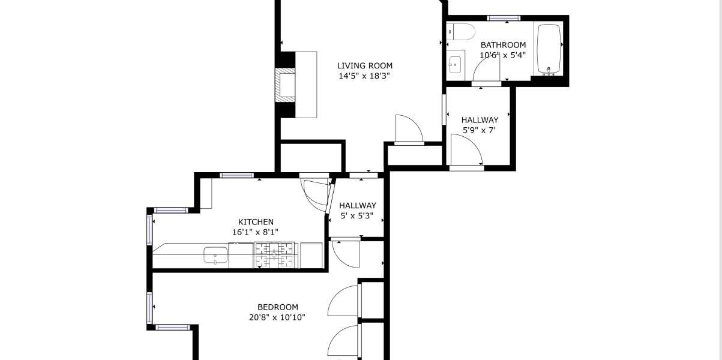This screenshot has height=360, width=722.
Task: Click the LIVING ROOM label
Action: point(364,66)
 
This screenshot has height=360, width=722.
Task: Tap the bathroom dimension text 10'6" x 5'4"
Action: point(503,55)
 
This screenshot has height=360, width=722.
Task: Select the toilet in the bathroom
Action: point(461,32)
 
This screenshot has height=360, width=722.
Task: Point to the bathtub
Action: point(549,49)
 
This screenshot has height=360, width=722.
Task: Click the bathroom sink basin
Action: point(455,65)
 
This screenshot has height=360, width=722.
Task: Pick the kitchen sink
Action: point(215,255)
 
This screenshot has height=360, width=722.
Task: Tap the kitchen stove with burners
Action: point(274,255)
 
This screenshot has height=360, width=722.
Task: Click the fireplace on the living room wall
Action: point(285,85)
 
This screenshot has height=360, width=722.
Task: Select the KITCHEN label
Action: point(256,222)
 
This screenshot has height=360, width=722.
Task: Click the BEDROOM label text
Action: point(277,307)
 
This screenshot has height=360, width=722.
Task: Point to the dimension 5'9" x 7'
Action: point(479,131)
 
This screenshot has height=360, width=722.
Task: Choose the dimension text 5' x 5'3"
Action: point(357,215)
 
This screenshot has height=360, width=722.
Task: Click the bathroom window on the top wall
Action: point(504,18)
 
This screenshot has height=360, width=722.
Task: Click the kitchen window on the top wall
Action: point(236,175)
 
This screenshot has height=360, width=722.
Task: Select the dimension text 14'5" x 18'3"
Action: point(364,76)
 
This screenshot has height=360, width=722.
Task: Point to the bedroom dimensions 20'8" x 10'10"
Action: point(277,317)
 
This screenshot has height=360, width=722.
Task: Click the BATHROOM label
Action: point(503,45)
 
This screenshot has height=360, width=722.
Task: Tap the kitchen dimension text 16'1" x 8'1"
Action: point(255,232)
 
